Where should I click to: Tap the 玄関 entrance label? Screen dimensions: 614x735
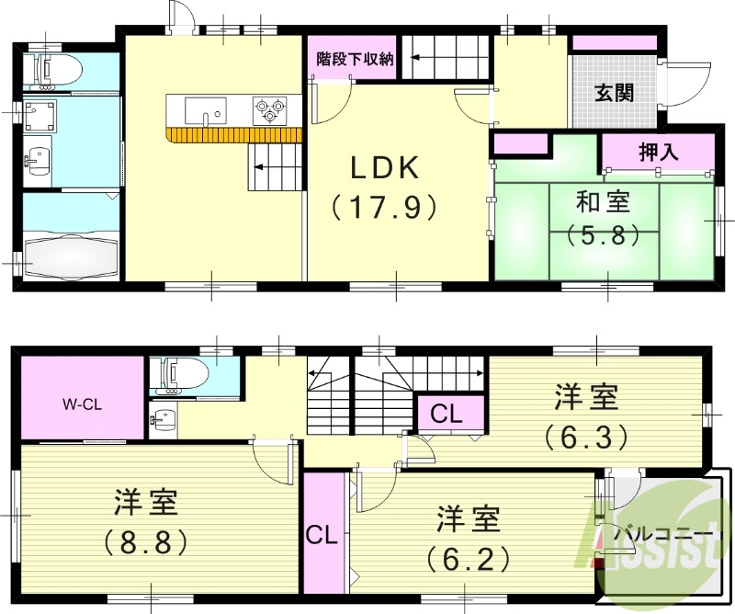[614, 93]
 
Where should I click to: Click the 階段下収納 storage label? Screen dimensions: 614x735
[354, 59]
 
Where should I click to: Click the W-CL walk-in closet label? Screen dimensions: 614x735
[82, 403]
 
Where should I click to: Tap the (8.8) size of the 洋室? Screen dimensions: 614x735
[147, 540]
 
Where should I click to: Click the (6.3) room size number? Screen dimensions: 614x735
[585, 433]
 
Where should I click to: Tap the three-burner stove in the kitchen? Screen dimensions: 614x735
[271, 110]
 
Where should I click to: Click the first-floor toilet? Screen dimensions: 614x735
[55, 70]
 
